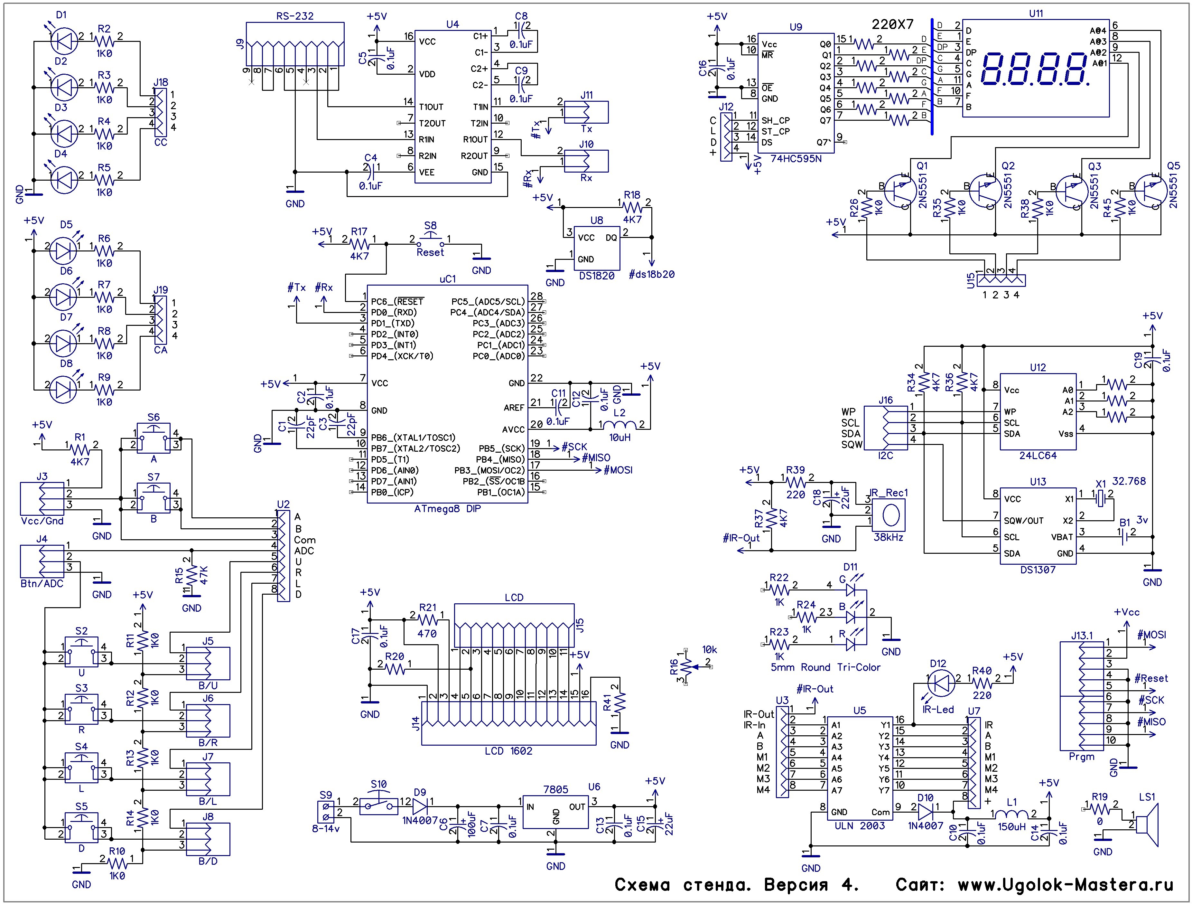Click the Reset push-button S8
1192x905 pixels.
click(x=430, y=239)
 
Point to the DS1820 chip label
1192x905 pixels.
click(x=597, y=276)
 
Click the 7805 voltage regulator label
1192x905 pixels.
click(x=555, y=790)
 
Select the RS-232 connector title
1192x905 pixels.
click(x=295, y=16)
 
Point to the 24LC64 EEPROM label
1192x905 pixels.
click(x=1038, y=456)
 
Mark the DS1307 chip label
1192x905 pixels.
click(x=1038, y=570)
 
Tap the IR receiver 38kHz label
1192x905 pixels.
click(x=888, y=537)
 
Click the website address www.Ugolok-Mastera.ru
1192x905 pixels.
click(x=1065, y=884)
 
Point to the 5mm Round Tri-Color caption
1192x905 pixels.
click(x=825, y=667)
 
